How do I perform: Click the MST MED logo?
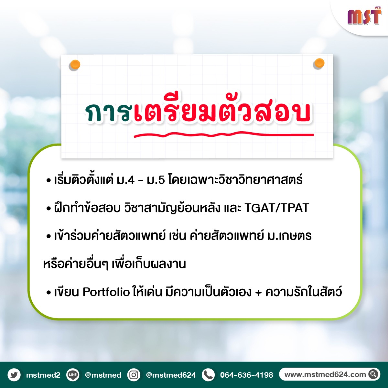(364, 16)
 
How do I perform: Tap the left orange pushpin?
(75, 65)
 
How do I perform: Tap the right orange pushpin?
(319, 63)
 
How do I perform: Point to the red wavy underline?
(224, 134)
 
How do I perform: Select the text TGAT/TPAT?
(277, 208)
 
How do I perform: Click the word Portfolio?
(106, 292)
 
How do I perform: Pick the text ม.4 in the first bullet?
(125, 180)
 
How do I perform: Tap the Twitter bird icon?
(14, 375)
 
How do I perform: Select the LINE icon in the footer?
(73, 375)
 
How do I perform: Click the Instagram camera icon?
(134, 375)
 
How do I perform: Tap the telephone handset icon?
(208, 375)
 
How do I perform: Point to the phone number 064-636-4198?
(247, 375)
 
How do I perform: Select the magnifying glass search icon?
(373, 374)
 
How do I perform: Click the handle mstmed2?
(43, 375)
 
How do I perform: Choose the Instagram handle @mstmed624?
(171, 375)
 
